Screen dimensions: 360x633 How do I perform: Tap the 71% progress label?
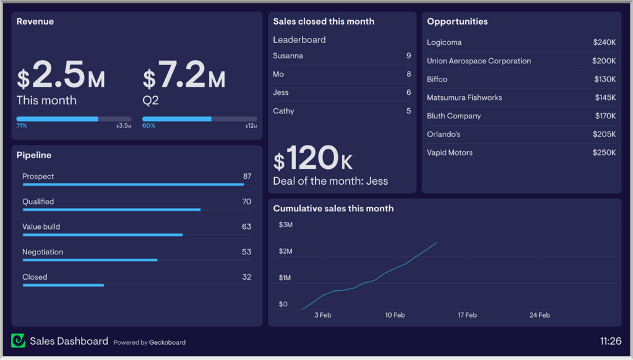(x=22, y=126)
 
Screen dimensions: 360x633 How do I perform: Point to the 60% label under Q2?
(x=148, y=126)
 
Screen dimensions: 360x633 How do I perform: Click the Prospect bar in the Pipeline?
(x=133, y=185)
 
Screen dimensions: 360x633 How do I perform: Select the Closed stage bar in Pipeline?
(x=63, y=285)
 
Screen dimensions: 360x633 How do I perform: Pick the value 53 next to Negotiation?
(x=246, y=252)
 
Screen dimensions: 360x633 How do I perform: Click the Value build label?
(x=41, y=227)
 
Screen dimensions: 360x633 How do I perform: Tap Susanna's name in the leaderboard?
(x=288, y=56)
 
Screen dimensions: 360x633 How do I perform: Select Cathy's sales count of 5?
(x=408, y=111)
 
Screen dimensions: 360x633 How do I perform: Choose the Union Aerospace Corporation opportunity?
(x=479, y=61)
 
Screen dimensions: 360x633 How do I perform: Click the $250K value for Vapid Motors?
(x=604, y=152)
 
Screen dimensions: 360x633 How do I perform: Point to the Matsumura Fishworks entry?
(x=464, y=97)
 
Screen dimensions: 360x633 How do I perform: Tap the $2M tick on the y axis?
(x=285, y=251)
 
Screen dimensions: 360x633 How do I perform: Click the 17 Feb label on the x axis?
(x=467, y=315)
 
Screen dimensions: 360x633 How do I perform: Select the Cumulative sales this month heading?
(x=333, y=208)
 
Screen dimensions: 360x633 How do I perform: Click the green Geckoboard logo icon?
(x=18, y=341)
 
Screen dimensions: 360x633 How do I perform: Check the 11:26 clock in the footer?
(x=610, y=341)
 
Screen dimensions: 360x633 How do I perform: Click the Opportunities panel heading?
(x=457, y=22)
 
